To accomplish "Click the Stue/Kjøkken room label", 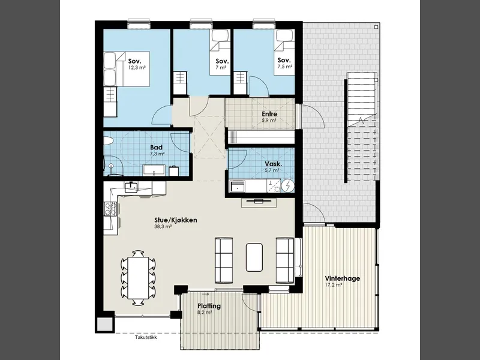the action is point(175,220).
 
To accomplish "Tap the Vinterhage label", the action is point(342,278).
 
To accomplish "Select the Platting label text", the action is point(209,306).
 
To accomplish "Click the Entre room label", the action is point(269,114).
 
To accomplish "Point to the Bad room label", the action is point(156,147).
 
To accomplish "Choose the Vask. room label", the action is point(274,164).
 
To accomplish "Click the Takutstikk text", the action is point(146,338).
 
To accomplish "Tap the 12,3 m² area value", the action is point(137,67).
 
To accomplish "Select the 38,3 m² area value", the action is point(163,227).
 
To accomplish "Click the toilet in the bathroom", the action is point(109,141).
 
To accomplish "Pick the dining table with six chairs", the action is point(138,278).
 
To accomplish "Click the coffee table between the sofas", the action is point(254,257).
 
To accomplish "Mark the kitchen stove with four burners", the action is point(110,209).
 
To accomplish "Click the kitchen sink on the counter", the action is point(131,187).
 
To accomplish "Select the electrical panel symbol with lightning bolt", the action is point(288,186).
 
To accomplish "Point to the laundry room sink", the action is point(238,186).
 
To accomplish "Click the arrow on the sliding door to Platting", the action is point(205,295).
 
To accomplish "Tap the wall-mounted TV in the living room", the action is point(259,201).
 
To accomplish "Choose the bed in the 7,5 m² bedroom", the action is point(284,52).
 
